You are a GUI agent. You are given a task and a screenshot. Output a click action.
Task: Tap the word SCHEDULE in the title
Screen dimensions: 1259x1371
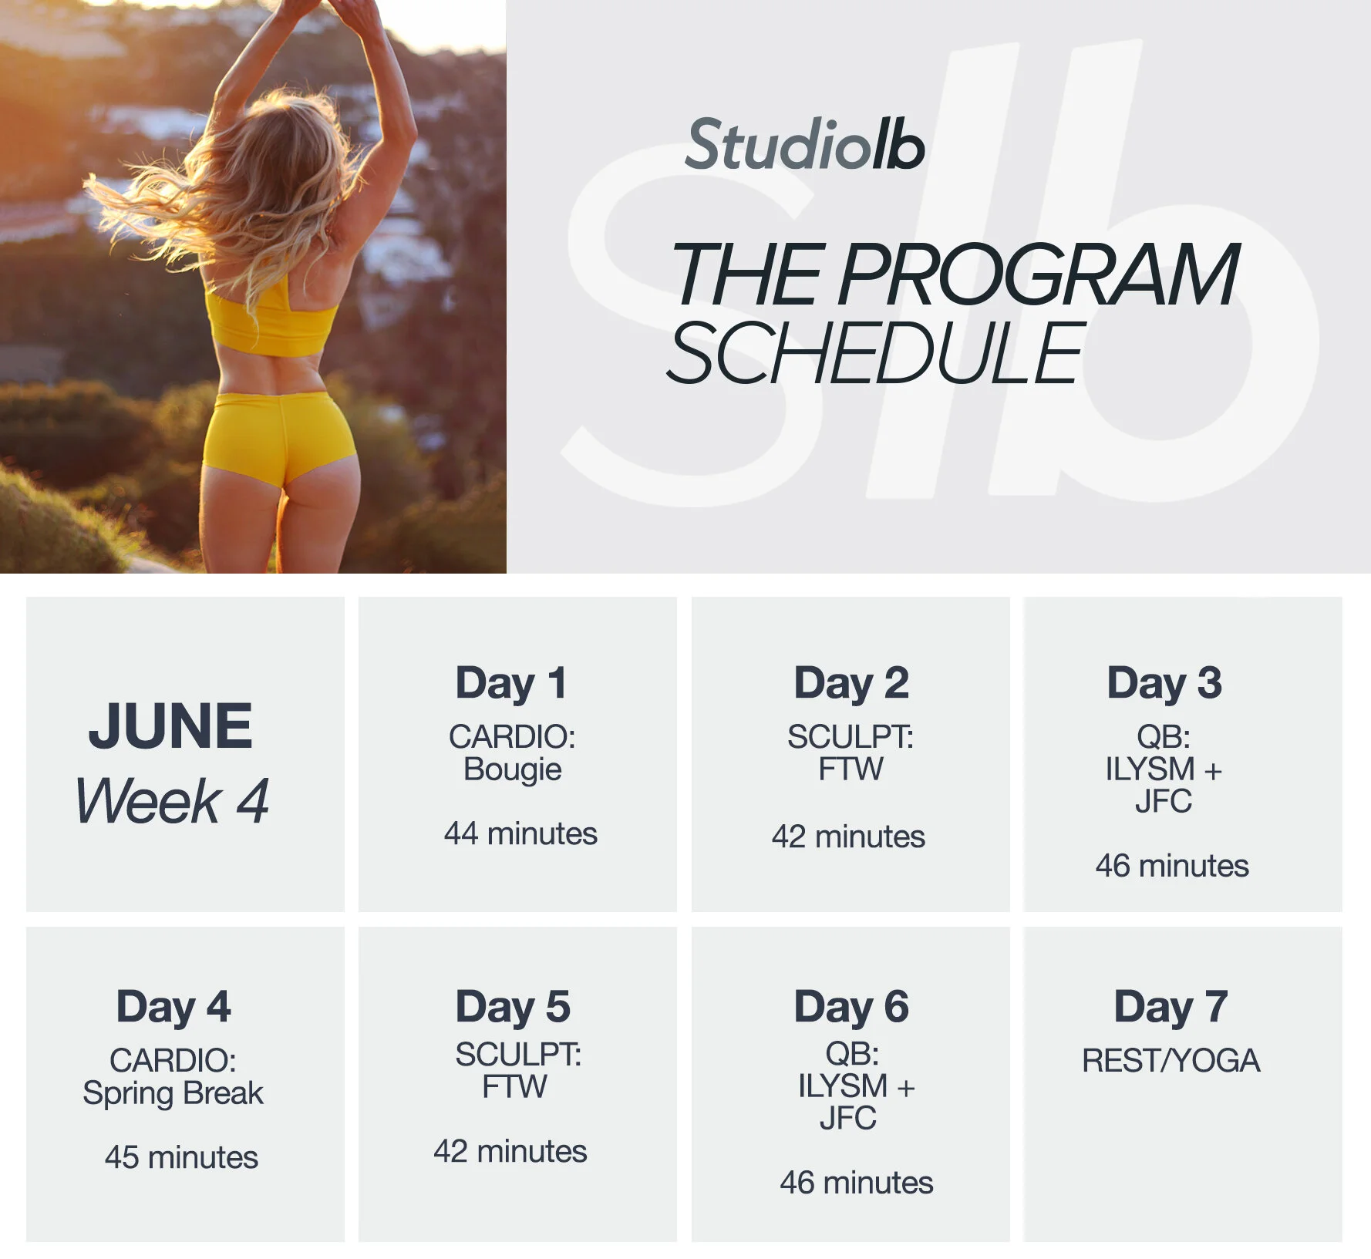[876, 352]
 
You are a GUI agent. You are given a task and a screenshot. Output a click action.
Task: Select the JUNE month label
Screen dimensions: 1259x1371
[170, 725]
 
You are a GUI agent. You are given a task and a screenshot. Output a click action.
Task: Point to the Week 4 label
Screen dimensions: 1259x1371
[172, 801]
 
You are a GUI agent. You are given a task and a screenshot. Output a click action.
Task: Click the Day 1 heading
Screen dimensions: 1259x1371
[511, 683]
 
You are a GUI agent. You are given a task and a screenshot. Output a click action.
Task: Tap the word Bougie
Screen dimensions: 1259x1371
[513, 769]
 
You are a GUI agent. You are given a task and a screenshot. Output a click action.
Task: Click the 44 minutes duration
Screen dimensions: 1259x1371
[520, 833]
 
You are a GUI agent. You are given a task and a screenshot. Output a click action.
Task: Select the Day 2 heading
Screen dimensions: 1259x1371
[851, 683]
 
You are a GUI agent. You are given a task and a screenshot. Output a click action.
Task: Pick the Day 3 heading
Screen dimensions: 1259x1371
[1164, 683]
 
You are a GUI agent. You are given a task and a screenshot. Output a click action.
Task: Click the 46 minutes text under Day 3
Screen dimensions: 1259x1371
[1172, 866]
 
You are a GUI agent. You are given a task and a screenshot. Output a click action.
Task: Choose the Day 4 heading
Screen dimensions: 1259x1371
[173, 1006]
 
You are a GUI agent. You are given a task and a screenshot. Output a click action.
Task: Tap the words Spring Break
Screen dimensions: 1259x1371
[173, 1093]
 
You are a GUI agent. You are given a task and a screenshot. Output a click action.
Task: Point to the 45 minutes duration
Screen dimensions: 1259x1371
[181, 1157]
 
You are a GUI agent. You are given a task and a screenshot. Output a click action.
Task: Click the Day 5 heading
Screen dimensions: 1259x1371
[513, 1006]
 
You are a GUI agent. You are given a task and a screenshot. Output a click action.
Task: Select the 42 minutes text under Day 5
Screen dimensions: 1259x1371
[510, 1151]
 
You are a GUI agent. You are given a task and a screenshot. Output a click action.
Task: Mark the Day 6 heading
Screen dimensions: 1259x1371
[851, 1006]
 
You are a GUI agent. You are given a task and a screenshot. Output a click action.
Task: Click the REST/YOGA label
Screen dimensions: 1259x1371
[1171, 1061]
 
